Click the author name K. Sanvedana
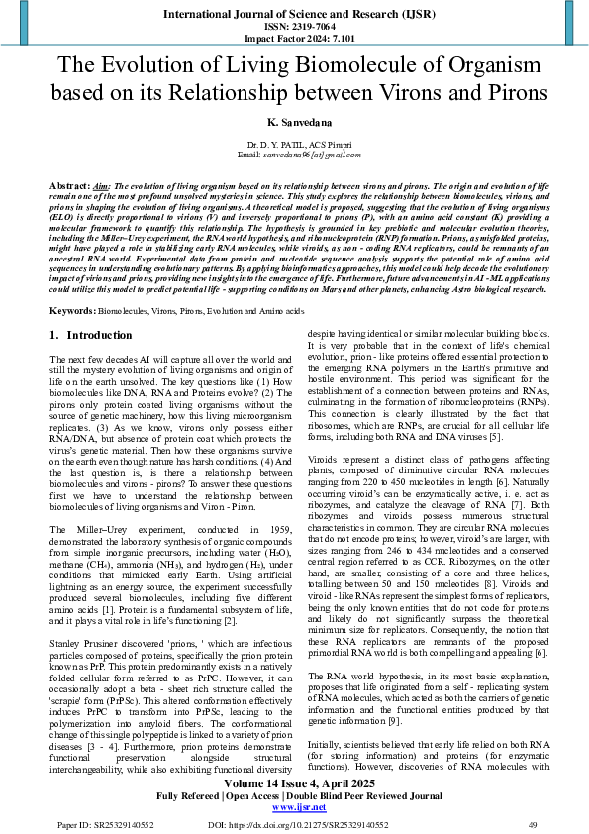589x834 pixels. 294,121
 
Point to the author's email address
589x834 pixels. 304,156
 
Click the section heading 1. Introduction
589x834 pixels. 91,336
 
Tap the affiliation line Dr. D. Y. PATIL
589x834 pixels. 294,146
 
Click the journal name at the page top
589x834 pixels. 294,14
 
